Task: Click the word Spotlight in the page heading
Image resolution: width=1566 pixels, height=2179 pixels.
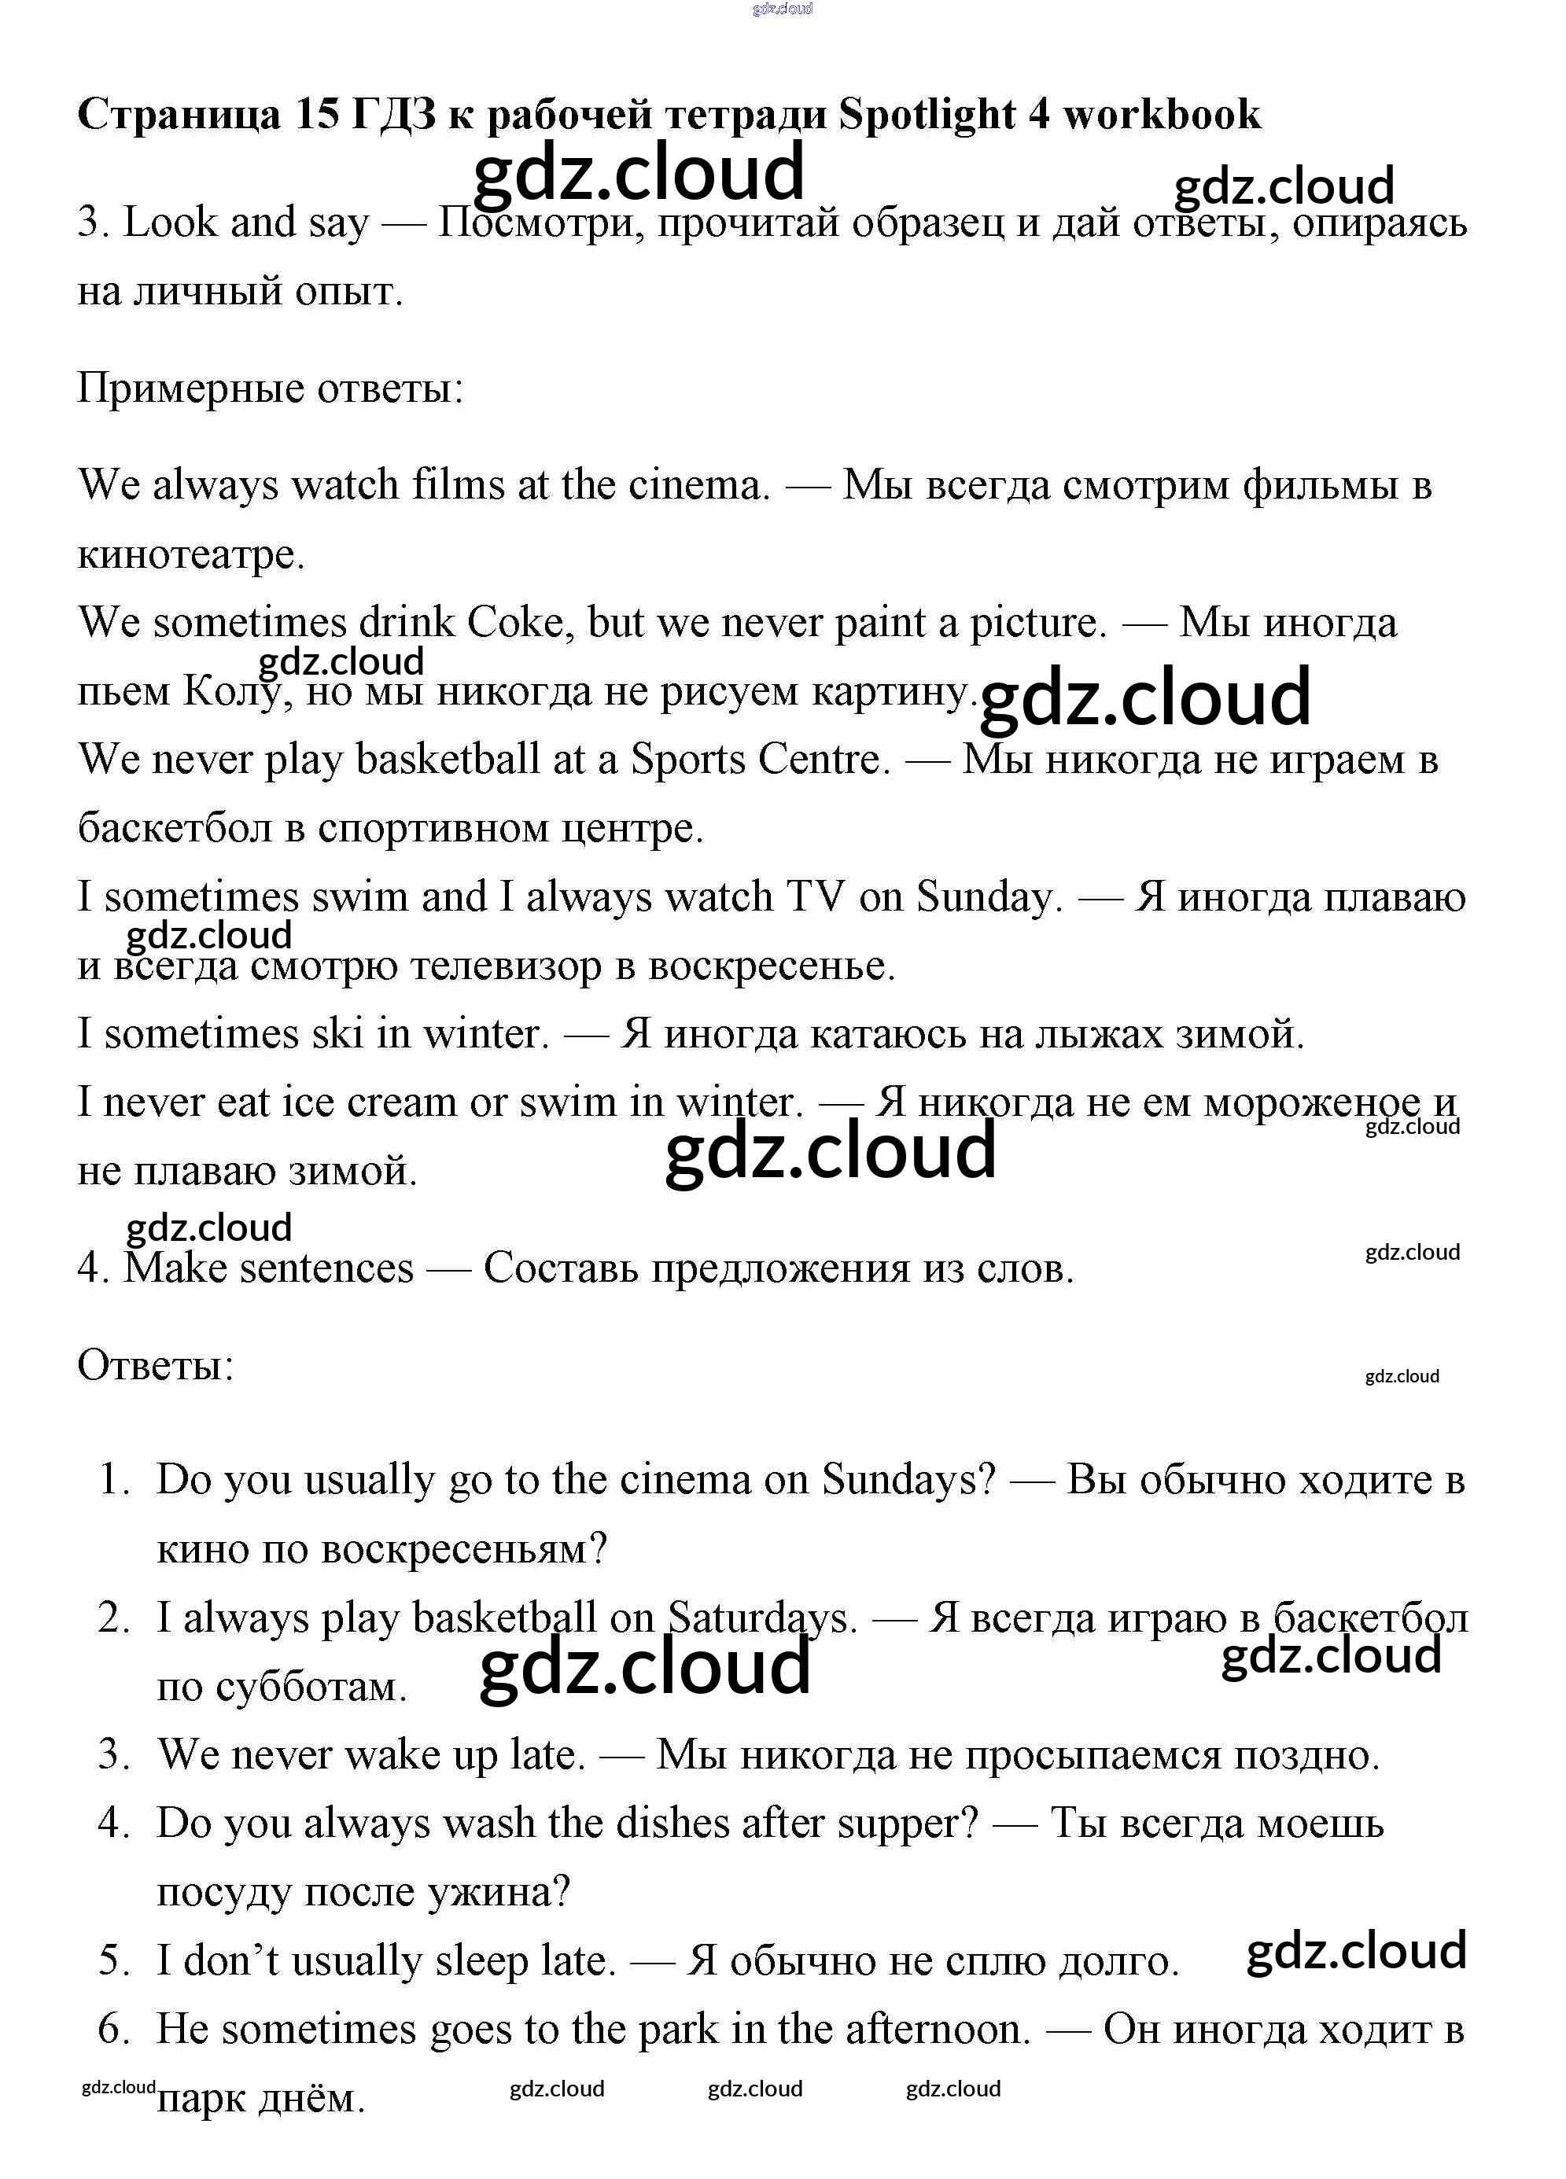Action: point(926,116)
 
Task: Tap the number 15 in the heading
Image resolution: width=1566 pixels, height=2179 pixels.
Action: point(317,116)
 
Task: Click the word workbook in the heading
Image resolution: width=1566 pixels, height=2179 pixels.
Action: point(1162,116)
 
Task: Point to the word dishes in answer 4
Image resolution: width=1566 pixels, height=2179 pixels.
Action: point(672,1824)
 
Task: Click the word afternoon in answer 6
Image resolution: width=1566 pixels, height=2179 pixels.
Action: point(938,2029)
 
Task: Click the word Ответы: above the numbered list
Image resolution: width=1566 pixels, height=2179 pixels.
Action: point(156,1365)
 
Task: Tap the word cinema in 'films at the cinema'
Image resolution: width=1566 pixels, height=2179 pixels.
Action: point(699,485)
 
